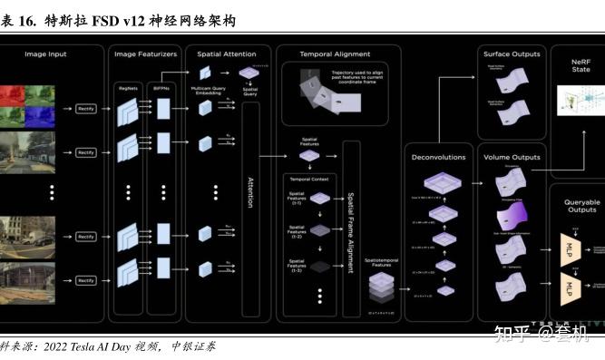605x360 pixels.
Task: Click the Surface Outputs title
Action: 512,54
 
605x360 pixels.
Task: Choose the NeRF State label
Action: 581,64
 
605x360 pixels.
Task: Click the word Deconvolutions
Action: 438,157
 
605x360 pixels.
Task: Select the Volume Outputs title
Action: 512,157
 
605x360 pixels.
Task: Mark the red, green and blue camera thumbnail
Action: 27,105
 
